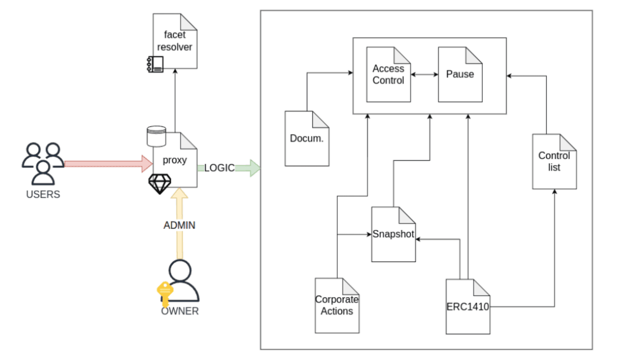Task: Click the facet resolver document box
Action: pos(175,41)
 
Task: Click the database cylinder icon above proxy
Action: pos(156,136)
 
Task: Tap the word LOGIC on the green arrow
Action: pos(219,168)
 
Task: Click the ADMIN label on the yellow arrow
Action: pos(180,225)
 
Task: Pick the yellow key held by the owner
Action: pos(164,292)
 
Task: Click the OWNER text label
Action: pos(180,311)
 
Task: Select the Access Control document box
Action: pos(389,74)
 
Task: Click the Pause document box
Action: pos(460,74)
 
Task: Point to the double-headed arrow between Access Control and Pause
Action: pos(424,74)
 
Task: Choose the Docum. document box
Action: pos(307,138)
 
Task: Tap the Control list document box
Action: pos(554,161)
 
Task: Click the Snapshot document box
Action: pos(394,234)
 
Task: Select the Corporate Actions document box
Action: pos(337,305)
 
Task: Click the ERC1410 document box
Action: pos(468,306)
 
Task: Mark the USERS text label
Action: pos(43,195)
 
